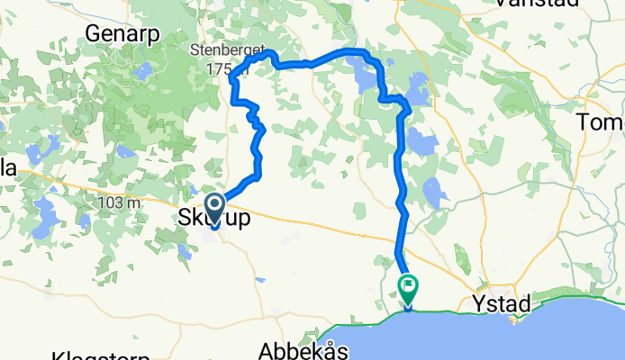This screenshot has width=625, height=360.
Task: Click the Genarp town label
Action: coord(122,32)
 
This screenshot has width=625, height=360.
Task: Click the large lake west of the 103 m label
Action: coord(44,218)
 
